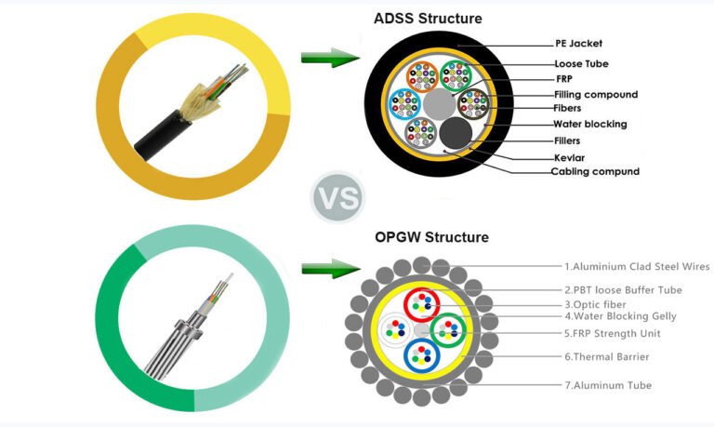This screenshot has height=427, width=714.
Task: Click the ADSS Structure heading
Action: click(428, 18)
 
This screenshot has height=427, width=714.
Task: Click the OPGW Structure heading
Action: click(430, 237)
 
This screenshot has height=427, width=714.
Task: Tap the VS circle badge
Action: click(336, 197)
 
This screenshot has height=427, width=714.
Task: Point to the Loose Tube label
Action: click(581, 63)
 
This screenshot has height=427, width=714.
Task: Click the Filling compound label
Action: click(596, 94)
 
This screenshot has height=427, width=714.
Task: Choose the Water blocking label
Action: click(590, 124)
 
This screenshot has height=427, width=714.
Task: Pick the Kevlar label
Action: click(569, 157)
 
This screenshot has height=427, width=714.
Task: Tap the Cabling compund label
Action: click(596, 171)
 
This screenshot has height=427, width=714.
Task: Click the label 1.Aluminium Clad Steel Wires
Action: click(637, 267)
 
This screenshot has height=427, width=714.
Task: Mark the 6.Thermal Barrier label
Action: click(606, 356)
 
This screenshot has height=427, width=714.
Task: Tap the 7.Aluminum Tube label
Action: click(608, 385)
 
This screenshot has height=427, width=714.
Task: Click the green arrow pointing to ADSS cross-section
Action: click(330, 60)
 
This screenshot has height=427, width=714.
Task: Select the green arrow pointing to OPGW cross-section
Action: click(330, 270)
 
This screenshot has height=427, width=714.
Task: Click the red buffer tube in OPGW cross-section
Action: click(427, 304)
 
